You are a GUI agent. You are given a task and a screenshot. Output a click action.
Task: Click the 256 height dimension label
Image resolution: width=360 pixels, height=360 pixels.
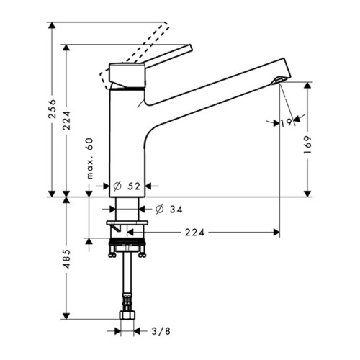(x=52, y=109)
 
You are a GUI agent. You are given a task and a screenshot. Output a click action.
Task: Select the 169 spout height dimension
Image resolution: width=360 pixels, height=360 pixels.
(x=307, y=145)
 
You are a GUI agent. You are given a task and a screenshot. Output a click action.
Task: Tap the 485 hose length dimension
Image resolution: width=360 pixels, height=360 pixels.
(x=66, y=258)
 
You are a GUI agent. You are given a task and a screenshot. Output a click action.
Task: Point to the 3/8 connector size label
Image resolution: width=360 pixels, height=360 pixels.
(x=161, y=331)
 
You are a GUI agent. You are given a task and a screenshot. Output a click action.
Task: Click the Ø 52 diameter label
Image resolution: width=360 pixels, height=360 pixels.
(x=127, y=186)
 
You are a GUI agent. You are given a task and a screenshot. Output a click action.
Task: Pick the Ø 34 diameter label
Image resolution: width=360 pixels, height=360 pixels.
(x=169, y=210)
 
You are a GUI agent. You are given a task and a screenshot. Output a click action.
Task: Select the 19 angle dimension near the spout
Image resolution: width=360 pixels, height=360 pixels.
(x=287, y=122)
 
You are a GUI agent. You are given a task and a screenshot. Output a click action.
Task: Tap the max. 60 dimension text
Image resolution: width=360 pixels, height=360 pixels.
(x=89, y=158)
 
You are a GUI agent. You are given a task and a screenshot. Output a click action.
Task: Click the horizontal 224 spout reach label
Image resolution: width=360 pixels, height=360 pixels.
(x=194, y=233)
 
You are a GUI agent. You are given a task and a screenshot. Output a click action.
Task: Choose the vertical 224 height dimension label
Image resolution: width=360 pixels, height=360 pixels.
(x=66, y=120)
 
